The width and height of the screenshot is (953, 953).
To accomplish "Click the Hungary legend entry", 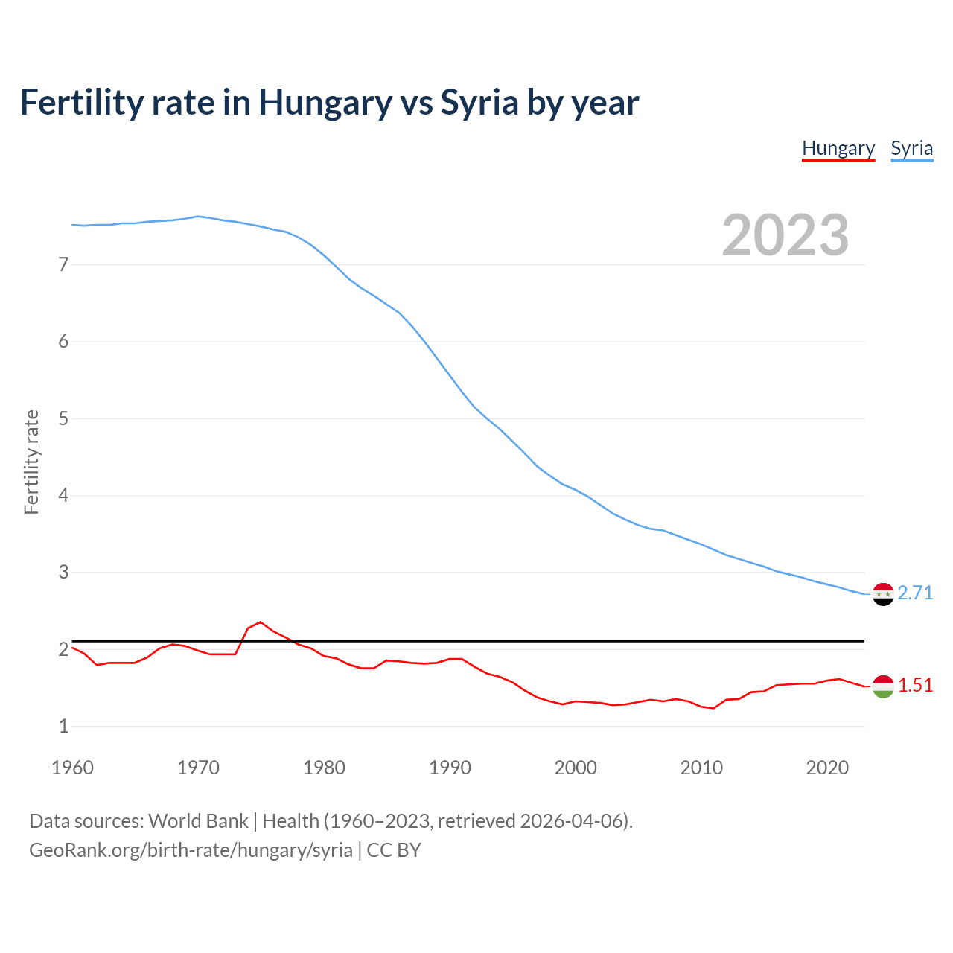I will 838,149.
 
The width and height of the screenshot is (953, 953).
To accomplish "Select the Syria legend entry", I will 911,149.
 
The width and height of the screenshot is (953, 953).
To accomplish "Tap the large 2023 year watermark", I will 785,235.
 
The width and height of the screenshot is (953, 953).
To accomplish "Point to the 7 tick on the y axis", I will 63,264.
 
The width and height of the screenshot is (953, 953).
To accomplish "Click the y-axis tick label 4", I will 63,495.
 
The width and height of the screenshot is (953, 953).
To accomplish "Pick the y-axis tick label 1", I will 63,726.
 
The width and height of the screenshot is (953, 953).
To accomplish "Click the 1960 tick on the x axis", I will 72,768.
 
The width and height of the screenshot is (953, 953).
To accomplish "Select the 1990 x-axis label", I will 450,768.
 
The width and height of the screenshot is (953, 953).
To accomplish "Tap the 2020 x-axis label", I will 827,768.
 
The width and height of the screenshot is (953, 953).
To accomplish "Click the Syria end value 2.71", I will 915,593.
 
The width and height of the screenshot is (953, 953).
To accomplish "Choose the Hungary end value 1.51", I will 915,686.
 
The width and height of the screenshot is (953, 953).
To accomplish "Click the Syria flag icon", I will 883,594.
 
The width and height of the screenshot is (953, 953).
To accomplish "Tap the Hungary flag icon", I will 883,686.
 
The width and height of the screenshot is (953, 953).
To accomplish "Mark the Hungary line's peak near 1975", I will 261,622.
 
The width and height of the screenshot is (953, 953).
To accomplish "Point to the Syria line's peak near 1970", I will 197,217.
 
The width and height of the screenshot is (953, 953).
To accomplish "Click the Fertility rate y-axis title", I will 31,462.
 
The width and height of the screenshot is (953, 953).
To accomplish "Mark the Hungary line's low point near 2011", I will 713,708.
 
